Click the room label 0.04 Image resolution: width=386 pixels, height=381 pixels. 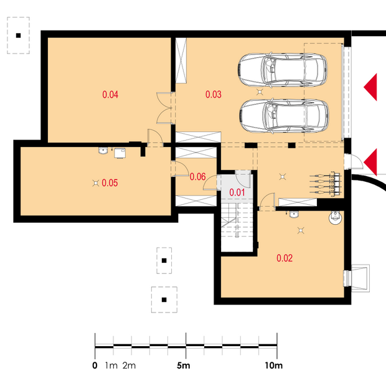(110, 95)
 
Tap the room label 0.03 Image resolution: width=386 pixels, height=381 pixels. (214, 94)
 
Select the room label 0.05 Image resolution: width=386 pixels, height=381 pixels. (110, 183)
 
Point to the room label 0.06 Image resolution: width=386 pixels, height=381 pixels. (198, 177)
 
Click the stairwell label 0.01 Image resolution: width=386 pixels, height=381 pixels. (237, 192)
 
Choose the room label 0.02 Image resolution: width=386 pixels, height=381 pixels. (285, 258)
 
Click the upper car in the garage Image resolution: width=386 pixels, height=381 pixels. (283, 70)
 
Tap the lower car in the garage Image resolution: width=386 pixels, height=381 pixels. (284, 116)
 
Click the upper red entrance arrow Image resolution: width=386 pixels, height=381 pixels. (370, 87)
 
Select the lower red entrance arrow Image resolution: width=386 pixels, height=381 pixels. (370, 162)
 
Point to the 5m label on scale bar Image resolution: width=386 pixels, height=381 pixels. (184, 365)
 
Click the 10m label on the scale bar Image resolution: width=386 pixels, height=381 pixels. (273, 365)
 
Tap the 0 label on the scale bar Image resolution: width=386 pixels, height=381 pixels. (95, 365)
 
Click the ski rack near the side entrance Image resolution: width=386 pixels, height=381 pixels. (326, 184)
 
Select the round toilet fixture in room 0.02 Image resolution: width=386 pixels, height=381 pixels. (336, 217)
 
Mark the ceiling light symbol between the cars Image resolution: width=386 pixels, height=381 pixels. (260, 92)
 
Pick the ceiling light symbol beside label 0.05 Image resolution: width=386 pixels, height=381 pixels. (96, 183)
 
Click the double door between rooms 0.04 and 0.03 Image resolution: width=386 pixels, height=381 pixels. (164, 108)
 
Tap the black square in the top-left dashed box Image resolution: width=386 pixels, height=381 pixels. (18, 35)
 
